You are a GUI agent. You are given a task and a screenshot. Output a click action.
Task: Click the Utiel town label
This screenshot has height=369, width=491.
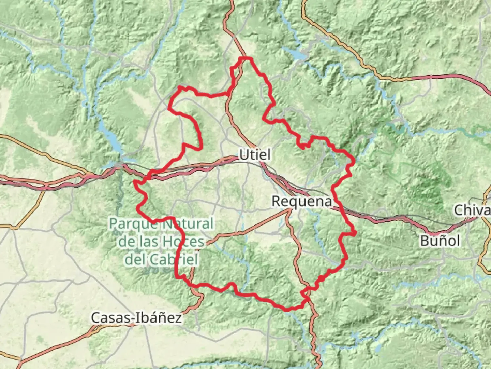255,155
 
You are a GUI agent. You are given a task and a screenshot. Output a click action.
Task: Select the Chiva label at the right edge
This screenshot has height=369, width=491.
472,210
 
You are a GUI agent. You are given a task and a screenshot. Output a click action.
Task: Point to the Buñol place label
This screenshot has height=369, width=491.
440,241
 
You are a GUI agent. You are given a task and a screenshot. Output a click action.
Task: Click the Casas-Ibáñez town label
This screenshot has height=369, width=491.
136,318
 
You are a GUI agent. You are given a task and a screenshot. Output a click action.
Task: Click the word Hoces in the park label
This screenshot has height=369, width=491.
183,242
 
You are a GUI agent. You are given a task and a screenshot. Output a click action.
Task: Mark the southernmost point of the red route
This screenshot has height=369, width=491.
287,310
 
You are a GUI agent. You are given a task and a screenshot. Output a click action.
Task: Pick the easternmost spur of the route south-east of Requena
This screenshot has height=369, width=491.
355,233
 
